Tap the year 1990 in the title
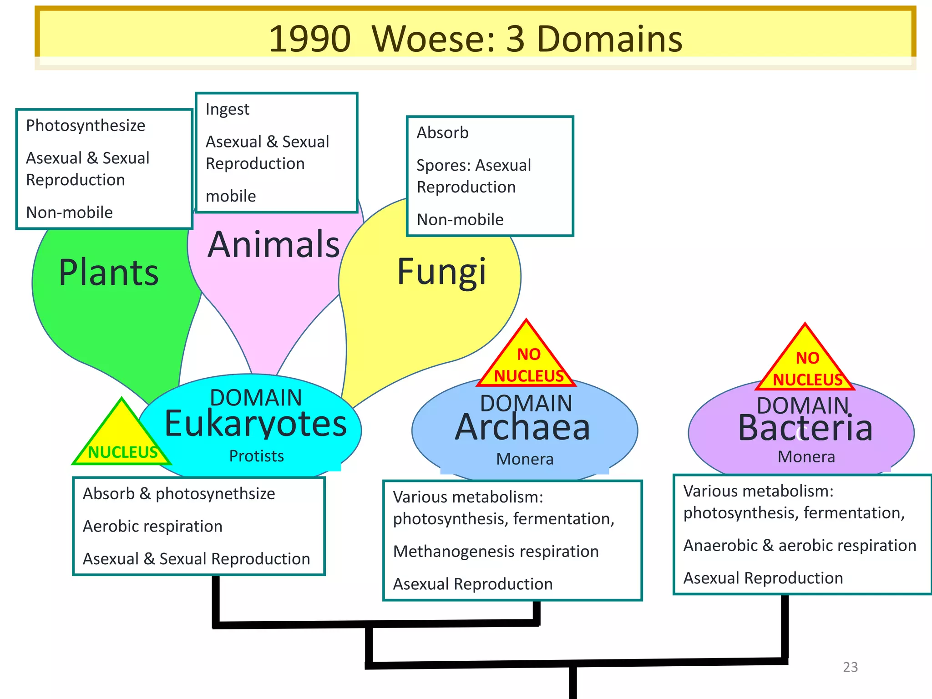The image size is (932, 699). coord(309,39)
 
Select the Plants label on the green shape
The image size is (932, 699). coord(109,273)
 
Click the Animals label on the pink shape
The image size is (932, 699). coord(274,245)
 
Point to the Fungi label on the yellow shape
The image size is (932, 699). coord(442,272)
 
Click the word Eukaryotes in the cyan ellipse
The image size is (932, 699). coord(256,424)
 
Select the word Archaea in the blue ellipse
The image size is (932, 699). coord(523,428)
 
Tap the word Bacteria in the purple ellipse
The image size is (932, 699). coord(805,429)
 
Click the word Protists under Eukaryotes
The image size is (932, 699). coord(256,456)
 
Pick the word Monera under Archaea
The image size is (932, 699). coord(525,459)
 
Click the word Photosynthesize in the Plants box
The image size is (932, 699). coord(86,126)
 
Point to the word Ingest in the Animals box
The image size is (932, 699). coord(227,110)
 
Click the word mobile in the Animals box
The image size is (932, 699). coord(231,196)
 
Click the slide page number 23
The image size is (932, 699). coord(850,667)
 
